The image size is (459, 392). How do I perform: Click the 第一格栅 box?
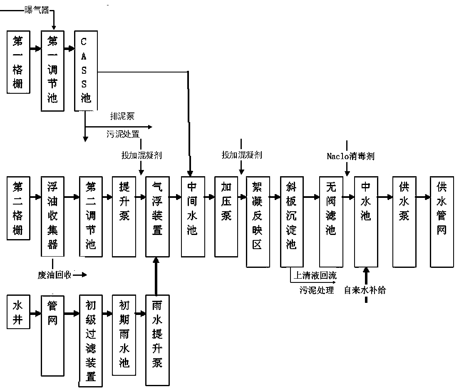pyautogui.click(x=19, y=62)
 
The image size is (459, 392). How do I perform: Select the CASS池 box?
pyautogui.click(x=85, y=70)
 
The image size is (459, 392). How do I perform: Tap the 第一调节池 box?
pyautogui.click(x=52, y=70)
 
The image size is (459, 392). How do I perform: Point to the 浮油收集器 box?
pyautogui.click(x=52, y=216)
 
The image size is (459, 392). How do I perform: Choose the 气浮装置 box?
pyautogui.click(x=157, y=216)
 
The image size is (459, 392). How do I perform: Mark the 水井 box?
pyautogui.click(x=19, y=312)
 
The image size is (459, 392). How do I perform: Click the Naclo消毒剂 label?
pyautogui.click(x=350, y=156)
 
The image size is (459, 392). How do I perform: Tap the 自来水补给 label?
pyautogui.click(x=365, y=290)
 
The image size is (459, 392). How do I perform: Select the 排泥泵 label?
pyautogui.click(x=122, y=116)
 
